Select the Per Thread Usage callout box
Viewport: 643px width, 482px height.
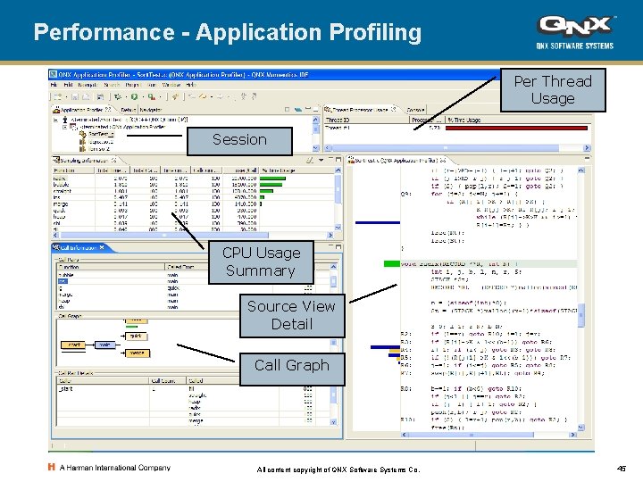[x=552, y=90]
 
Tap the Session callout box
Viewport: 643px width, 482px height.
[x=239, y=139]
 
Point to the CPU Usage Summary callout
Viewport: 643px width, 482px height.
[x=260, y=262]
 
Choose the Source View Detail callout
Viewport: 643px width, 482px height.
[x=291, y=315]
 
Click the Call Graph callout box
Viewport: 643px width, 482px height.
[x=291, y=365]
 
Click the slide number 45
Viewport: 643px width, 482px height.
[x=621, y=469]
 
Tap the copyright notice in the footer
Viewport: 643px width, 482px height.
[x=338, y=470]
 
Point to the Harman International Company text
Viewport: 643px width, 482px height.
[x=115, y=468]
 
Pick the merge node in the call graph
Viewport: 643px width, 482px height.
[x=137, y=353]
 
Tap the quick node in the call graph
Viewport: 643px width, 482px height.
[x=136, y=337]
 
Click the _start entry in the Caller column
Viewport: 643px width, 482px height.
[x=67, y=388]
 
